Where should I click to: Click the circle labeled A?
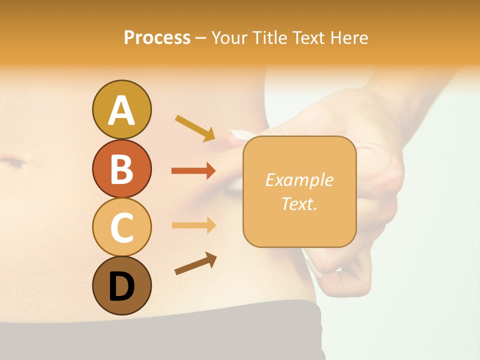(121, 109)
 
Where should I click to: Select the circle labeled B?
(121, 168)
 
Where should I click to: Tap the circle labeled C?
(121, 227)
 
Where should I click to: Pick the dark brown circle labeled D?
(121, 285)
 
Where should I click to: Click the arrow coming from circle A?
(195, 127)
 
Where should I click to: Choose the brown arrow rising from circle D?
(195, 263)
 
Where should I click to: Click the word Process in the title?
(157, 37)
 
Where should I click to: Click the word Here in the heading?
(349, 37)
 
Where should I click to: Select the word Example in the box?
(299, 180)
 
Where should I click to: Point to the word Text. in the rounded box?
(299, 203)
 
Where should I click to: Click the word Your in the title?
(228, 37)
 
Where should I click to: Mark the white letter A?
(121, 110)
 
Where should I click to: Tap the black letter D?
(121, 286)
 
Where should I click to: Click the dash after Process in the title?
(201, 38)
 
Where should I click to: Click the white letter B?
(121, 169)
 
